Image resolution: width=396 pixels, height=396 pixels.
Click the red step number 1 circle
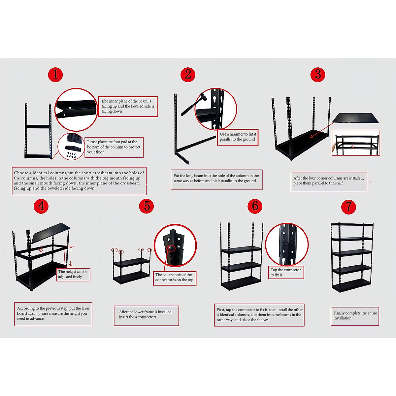point(55,75)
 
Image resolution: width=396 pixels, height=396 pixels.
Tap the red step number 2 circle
point(188,75)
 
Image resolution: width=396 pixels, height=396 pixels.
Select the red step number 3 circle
point(318,75)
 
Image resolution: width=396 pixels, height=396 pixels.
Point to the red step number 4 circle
point(41,206)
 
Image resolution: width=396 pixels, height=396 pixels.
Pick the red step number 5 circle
point(147,206)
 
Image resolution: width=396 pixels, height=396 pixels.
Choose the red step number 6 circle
point(255,206)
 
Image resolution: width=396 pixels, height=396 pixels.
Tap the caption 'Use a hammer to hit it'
point(238,137)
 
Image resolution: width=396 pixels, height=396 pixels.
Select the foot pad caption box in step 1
point(114,147)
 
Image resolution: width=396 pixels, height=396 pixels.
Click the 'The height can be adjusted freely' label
point(73,274)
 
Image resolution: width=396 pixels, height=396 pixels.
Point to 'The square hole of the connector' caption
point(174,278)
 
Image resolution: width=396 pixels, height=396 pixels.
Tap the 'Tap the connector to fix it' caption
point(286,272)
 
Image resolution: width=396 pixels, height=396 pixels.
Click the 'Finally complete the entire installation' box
point(355,316)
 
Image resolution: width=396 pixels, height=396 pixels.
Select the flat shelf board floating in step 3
point(356,118)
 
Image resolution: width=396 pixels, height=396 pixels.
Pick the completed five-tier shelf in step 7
point(352,257)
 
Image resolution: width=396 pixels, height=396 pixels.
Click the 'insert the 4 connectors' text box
point(146,315)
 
